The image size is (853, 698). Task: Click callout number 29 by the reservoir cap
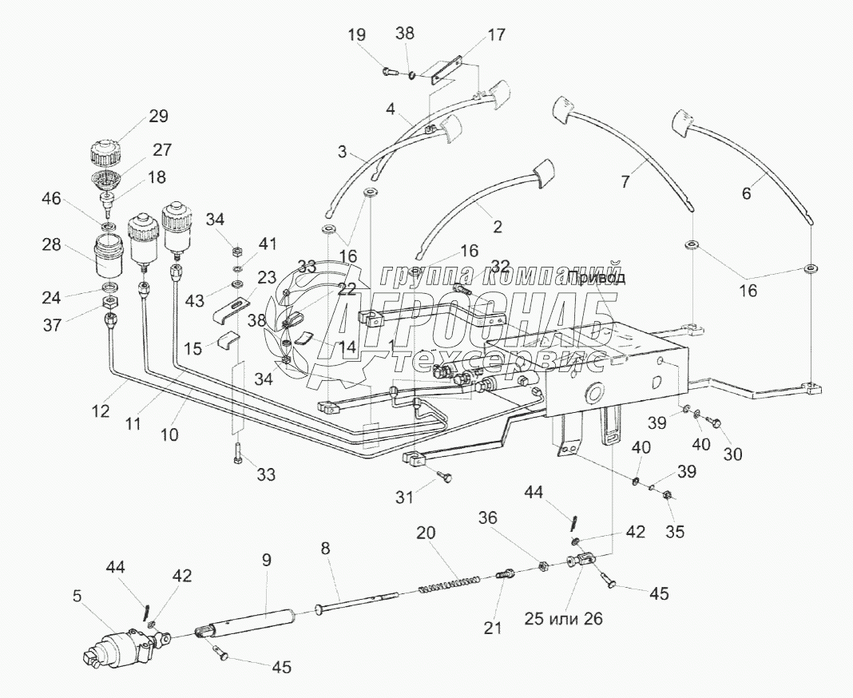point(157,117)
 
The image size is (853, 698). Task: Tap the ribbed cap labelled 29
point(104,150)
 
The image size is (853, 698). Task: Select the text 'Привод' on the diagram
point(599,278)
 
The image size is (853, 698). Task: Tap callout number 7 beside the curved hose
point(626,181)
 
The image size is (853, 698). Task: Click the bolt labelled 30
point(715,422)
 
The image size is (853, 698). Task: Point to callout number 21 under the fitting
point(494,628)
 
